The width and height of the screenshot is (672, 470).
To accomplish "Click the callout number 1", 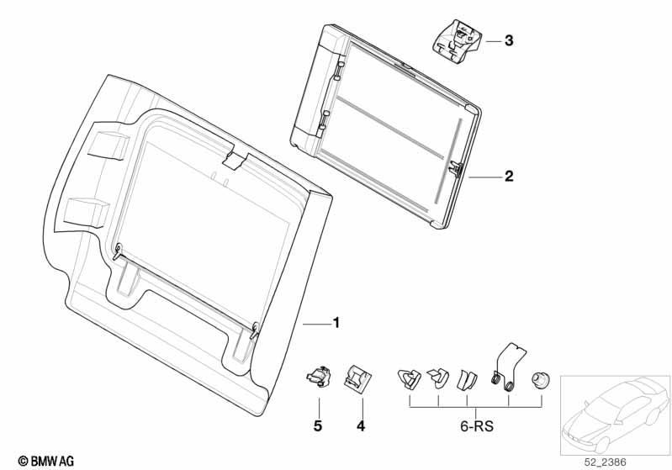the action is [x=336, y=323].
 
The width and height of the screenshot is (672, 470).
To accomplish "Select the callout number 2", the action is [x=509, y=176].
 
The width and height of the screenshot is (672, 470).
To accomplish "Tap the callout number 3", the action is [x=509, y=40].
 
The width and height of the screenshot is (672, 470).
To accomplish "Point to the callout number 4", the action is [x=361, y=426].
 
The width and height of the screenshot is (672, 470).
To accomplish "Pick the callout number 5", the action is [x=318, y=426].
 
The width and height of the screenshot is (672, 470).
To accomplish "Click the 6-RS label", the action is [x=477, y=426].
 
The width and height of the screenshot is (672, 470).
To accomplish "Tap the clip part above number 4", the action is [x=357, y=378].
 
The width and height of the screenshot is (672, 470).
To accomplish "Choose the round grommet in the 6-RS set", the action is [x=540, y=380].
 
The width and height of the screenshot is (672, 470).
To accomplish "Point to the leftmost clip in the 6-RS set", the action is [x=410, y=378].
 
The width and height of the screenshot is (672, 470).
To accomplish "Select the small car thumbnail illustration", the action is [x=616, y=415].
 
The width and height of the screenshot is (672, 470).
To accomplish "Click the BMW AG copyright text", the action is [x=46, y=462].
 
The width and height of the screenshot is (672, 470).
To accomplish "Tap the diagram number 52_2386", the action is [x=606, y=462].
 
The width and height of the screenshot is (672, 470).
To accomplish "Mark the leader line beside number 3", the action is [x=493, y=41].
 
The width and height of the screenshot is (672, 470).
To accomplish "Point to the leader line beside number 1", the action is [x=316, y=325].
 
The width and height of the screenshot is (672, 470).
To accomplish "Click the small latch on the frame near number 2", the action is [x=455, y=168].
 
